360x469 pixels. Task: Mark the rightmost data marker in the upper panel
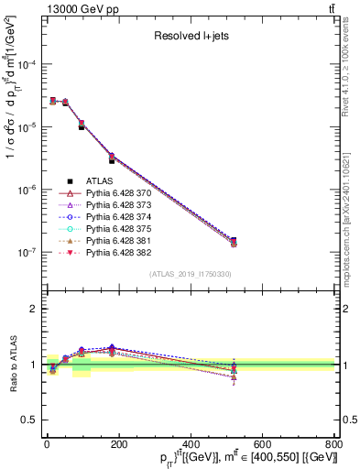click(234, 242)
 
